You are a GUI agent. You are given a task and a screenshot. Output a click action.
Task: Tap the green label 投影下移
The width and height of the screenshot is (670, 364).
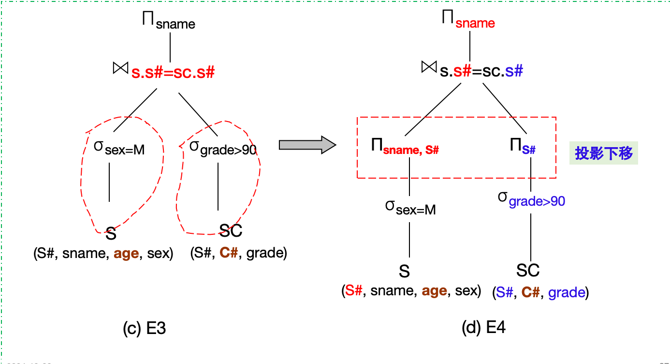(x=604, y=153)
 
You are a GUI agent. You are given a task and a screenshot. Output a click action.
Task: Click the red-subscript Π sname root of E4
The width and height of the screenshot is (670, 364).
(x=468, y=21)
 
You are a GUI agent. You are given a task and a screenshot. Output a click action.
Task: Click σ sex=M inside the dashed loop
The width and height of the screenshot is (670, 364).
(x=119, y=148)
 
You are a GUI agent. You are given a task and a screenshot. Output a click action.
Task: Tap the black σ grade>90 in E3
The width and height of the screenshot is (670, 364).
(x=223, y=148)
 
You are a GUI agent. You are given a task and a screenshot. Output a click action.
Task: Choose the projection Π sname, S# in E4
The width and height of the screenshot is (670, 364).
(x=405, y=147)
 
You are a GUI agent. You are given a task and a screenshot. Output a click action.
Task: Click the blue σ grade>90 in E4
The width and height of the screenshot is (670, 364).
(x=532, y=199)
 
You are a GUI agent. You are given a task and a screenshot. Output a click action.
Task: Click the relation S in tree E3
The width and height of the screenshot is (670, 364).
(x=111, y=234)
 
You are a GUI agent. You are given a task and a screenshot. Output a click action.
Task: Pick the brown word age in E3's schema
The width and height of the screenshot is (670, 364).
(x=125, y=253)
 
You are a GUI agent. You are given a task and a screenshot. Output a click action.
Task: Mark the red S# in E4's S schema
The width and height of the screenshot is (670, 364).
(x=353, y=291)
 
